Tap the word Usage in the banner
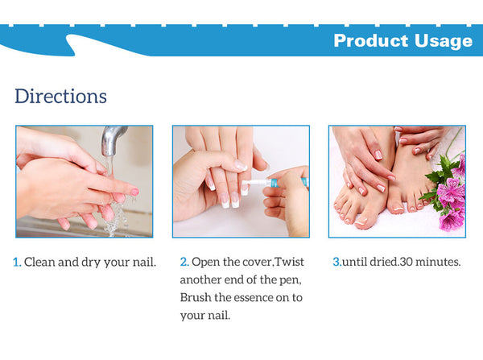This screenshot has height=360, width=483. click(444, 41)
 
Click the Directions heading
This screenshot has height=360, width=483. click(60, 96)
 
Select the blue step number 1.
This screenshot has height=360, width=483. click(17, 263)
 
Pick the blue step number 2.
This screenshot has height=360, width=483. click(184, 262)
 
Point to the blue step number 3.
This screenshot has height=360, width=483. click(336, 262)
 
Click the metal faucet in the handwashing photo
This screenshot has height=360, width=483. click(113, 141)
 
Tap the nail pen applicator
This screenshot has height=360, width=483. click(274, 183)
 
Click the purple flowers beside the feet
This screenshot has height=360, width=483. click(450, 191)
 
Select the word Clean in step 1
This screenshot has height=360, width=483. click(39, 262)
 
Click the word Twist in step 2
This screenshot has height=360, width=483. click(289, 262)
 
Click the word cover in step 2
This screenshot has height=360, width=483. click(258, 263)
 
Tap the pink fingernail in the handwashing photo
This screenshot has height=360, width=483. click(134, 192)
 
